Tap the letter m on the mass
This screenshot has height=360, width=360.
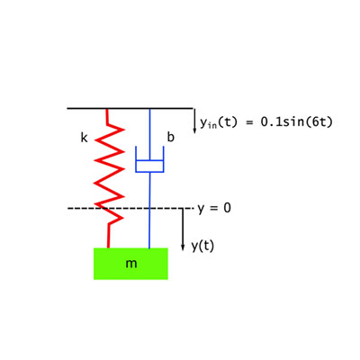click(x=131, y=264)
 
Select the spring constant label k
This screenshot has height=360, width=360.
click(x=84, y=138)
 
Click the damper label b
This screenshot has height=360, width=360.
click(x=170, y=138)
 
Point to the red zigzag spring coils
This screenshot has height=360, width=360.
click(x=109, y=171)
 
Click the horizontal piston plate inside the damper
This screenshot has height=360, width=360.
click(x=149, y=161)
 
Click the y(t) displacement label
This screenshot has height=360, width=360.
click(x=202, y=246)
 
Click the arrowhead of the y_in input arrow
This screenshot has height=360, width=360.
click(x=194, y=130)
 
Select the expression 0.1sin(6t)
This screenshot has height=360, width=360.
click(x=296, y=121)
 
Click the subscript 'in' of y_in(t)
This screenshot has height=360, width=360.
click(x=212, y=124)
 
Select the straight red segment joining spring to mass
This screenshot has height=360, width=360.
click(x=109, y=236)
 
